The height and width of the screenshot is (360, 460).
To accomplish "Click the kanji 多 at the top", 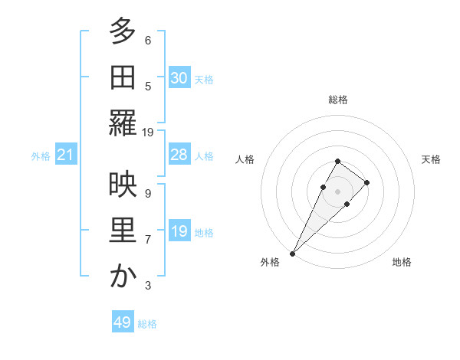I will click(x=122, y=31).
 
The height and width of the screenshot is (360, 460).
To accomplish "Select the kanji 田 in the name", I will click(x=122, y=77).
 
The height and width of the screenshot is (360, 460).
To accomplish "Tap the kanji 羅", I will click(x=122, y=123).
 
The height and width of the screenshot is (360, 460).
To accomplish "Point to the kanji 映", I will click(x=122, y=185).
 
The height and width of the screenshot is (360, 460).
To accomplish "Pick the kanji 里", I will click(x=122, y=231).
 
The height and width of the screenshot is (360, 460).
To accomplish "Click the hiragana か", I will click(x=122, y=276).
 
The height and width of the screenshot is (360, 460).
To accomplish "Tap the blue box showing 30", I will click(x=179, y=78).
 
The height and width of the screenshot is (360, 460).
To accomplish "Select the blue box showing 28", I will click(x=179, y=155).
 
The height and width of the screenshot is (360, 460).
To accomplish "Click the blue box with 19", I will click(x=179, y=231).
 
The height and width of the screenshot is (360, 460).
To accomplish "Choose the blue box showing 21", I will click(x=66, y=155).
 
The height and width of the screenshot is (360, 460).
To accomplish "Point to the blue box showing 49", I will click(x=123, y=322).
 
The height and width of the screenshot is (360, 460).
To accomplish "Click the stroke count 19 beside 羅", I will click(x=148, y=133).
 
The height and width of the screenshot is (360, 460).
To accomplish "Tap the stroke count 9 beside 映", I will click(x=148, y=193).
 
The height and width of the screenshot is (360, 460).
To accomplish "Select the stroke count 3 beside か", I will click(x=148, y=286).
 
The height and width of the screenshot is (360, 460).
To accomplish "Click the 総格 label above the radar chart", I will click(x=338, y=100).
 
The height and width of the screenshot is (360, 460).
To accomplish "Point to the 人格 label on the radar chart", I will click(x=245, y=159).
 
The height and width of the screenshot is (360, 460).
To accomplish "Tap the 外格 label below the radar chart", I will click(x=270, y=262).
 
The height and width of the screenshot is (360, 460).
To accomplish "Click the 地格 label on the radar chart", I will click(x=402, y=262).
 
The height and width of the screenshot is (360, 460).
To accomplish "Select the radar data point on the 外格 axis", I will click(x=292, y=253).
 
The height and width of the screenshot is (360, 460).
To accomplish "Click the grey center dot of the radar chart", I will click(x=338, y=191).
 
